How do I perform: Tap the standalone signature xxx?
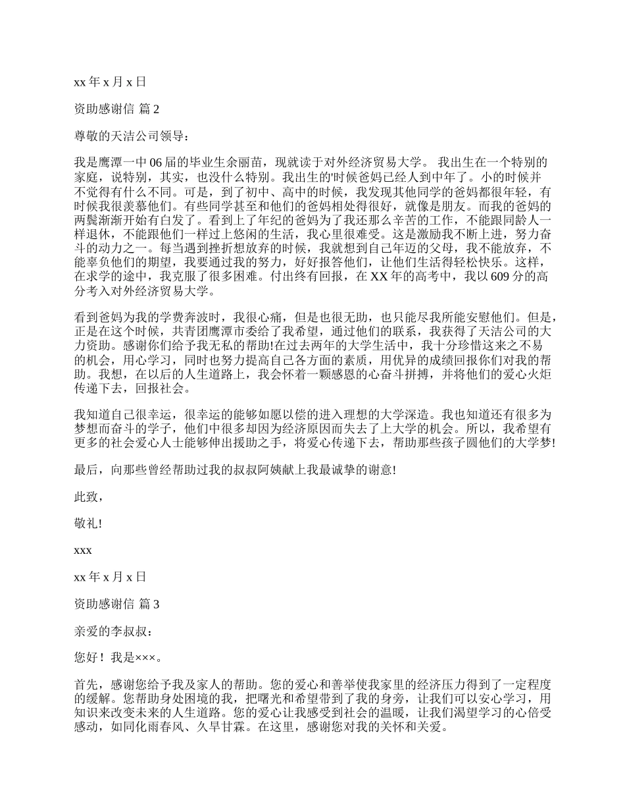click(x=83, y=550)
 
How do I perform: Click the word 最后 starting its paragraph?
click(x=85, y=470)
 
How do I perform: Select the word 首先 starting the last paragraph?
click(x=85, y=684)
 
